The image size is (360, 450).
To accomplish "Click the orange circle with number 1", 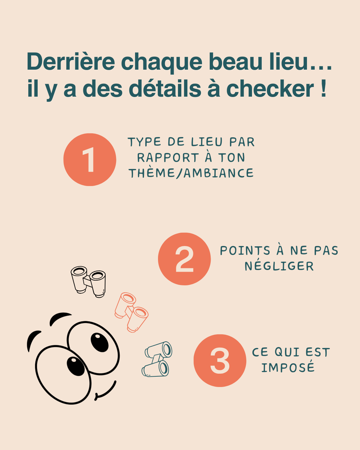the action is pyautogui.click(x=90, y=160).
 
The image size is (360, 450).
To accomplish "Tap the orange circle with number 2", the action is pyautogui.click(x=184, y=259).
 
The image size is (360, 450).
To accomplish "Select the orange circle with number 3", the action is pyautogui.click(x=220, y=361).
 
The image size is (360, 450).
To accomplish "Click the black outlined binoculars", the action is pyautogui.click(x=88, y=281).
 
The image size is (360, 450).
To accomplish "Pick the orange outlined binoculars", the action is pyautogui.click(x=131, y=312).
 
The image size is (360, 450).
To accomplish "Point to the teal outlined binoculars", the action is pyautogui.click(x=157, y=359).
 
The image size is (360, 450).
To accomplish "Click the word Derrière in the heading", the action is pyautogui.click(x=71, y=62).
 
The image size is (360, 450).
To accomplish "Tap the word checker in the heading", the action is pyautogui.click(x=270, y=89).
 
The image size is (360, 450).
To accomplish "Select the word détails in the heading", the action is pyautogui.click(x=165, y=89).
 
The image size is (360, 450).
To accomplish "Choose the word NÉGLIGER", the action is pyautogui.click(x=279, y=266).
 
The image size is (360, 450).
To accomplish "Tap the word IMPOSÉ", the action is pyautogui.click(x=288, y=367).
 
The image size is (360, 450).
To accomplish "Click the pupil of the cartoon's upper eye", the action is pyautogui.click(x=100, y=342).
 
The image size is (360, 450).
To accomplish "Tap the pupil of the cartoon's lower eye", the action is pyautogui.click(x=76, y=366).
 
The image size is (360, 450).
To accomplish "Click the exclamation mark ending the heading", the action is pyautogui.click(x=323, y=89).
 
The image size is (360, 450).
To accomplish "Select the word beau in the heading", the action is pyautogui.click(x=236, y=62).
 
